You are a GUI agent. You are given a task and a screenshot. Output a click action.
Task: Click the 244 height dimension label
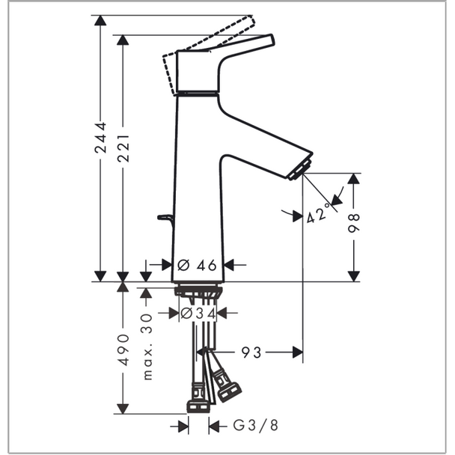[100, 138]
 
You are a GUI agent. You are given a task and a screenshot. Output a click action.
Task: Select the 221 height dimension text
[123, 148]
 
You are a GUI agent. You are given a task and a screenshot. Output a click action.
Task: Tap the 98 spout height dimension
[353, 223]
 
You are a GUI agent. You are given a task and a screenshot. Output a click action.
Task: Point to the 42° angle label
[319, 213]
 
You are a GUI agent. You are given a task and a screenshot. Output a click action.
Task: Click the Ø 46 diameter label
[197, 265]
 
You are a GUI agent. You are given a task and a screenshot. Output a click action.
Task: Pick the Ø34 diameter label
[198, 314]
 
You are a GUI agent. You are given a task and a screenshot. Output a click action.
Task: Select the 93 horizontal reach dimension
[251, 352]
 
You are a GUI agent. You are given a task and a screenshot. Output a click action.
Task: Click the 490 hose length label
[123, 349]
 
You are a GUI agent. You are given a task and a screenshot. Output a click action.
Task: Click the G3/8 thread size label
[256, 426]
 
